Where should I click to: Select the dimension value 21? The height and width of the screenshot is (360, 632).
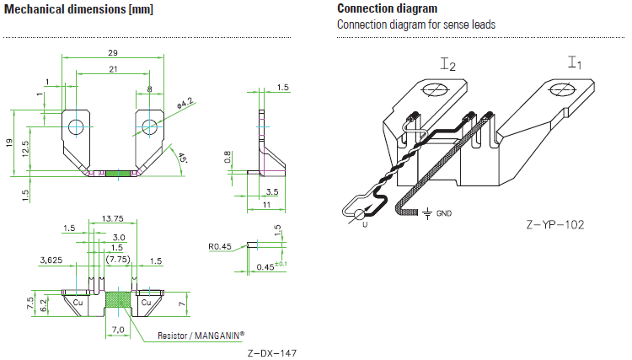113,69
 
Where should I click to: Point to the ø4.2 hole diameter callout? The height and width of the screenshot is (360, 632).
185,103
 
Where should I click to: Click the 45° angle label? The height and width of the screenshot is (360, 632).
183,158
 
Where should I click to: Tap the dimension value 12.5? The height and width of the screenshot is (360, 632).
28,148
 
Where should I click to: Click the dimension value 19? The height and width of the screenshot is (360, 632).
11,144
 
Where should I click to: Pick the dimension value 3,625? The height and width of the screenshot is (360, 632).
51,261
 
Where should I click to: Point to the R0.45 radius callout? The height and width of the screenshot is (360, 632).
221,247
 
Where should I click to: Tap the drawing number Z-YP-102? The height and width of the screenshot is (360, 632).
554,225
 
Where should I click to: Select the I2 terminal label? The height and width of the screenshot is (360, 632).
447,64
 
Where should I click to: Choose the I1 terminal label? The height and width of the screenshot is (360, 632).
575,62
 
